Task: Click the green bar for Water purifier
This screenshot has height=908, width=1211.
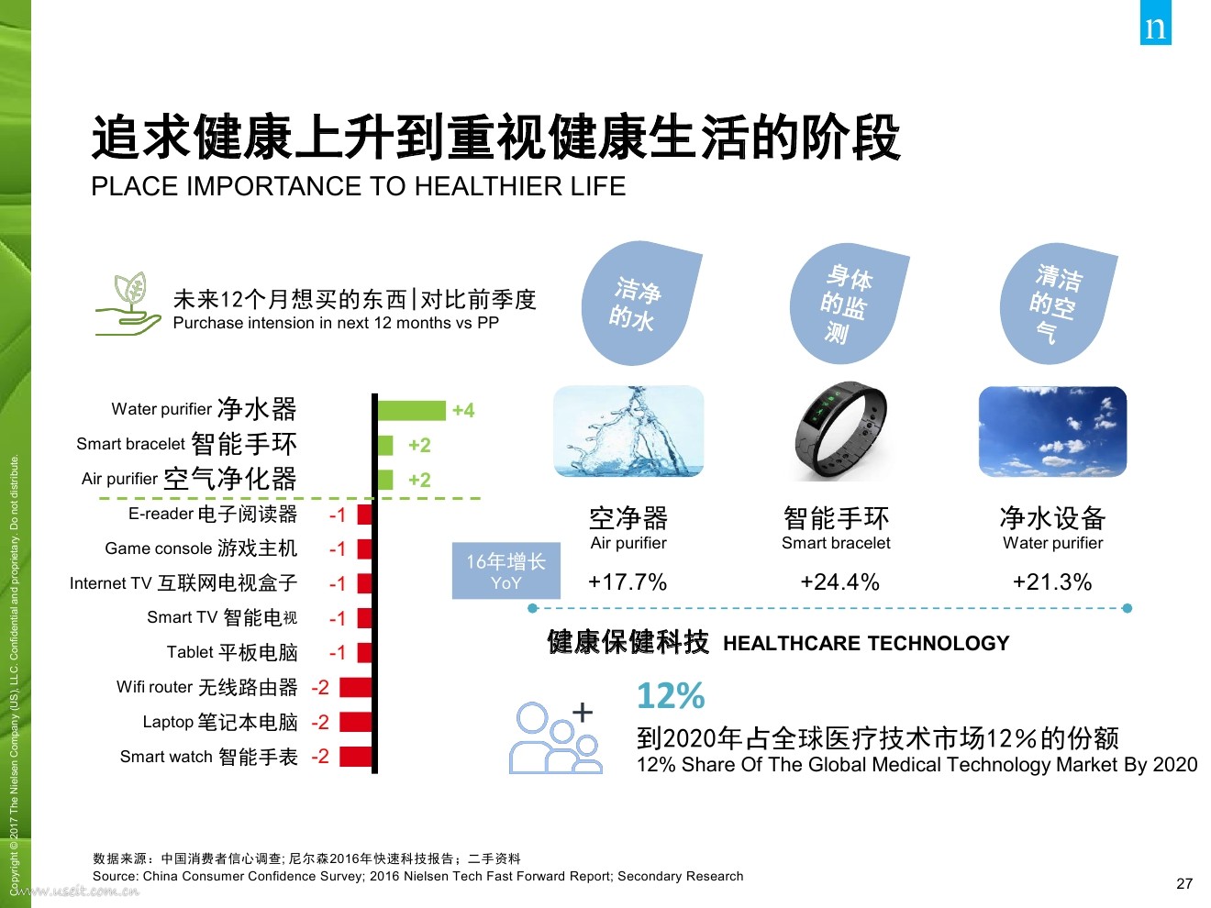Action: coord(412,410)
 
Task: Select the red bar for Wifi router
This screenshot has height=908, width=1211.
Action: coord(355,688)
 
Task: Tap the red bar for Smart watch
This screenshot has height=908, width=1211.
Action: coord(355,757)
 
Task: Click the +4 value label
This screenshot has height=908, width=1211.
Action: coord(463,410)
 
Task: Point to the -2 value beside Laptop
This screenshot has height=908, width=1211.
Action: coord(320,722)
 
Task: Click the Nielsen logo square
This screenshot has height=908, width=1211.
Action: coord(1156,22)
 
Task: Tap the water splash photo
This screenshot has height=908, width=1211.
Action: coord(628,430)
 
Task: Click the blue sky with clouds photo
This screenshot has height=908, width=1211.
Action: coord(1052,432)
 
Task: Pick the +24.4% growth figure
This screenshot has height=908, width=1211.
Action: coord(839,582)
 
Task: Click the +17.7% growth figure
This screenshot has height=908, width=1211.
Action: coord(628,582)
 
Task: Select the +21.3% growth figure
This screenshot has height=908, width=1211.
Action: coord(1052,582)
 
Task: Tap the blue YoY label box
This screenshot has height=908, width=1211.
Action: coord(506,570)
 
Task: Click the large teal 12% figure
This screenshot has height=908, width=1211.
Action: coord(671,696)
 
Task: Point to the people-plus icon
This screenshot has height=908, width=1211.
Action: coord(555,737)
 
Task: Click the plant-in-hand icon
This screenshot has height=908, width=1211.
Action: coord(128,304)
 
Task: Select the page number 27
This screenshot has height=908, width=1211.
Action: coord(1184,884)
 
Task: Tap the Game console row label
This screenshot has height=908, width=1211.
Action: coord(201,548)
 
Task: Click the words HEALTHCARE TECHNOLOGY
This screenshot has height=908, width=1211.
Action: coord(866,643)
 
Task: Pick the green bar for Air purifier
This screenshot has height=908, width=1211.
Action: coord(385,480)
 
